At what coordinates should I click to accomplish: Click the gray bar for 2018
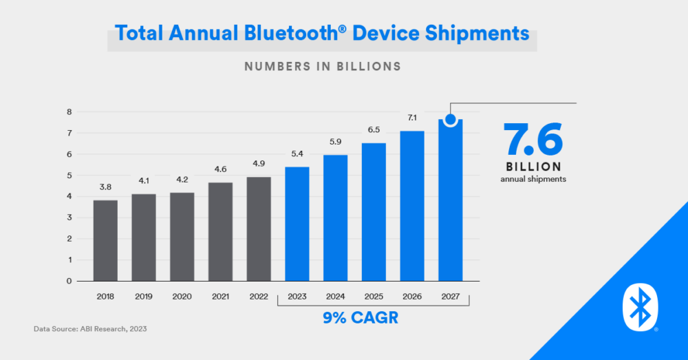pos(105,240)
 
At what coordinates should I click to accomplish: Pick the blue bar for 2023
pos(297,224)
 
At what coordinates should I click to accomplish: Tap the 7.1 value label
pos(412,119)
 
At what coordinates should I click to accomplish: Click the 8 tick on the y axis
pos(69,112)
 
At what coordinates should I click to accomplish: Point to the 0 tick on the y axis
pos(69,281)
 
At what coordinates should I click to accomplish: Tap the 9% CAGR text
pos(374,319)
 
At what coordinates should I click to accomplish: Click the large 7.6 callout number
pos(533,139)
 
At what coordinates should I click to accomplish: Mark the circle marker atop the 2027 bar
pos(451,120)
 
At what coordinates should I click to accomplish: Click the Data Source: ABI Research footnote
pos(90,329)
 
